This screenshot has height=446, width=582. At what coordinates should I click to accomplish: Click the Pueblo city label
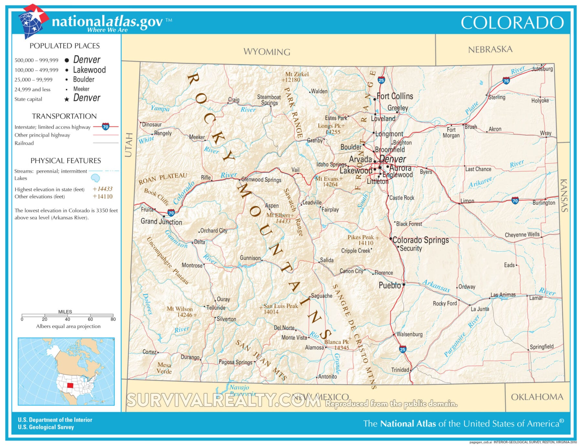click(x=390, y=285)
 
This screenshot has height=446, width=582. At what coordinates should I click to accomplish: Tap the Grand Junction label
click(x=161, y=222)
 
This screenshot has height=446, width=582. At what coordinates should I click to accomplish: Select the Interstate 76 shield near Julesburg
click(x=506, y=81)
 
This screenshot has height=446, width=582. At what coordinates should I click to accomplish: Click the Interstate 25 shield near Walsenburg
click(x=403, y=349)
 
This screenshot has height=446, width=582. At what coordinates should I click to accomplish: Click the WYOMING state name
click(x=267, y=52)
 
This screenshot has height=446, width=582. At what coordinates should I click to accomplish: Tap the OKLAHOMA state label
click(x=537, y=397)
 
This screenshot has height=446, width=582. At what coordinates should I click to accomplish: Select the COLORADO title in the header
click(x=512, y=23)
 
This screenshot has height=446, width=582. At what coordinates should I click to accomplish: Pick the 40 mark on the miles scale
click(x=67, y=319)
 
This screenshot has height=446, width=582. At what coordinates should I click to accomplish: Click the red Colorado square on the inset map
click(x=70, y=386)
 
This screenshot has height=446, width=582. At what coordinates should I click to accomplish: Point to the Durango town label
click(x=190, y=357)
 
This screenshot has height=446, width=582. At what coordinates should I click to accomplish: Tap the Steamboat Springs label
click(x=269, y=100)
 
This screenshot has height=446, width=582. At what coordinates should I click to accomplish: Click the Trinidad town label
click(x=400, y=370)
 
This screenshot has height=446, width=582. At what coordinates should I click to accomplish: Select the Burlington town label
click(x=544, y=203)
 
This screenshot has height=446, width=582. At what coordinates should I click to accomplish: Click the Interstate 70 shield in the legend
click(x=105, y=127)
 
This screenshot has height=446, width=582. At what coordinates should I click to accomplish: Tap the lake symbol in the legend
click(x=95, y=178)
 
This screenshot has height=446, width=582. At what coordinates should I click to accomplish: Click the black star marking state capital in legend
click(x=67, y=99)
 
